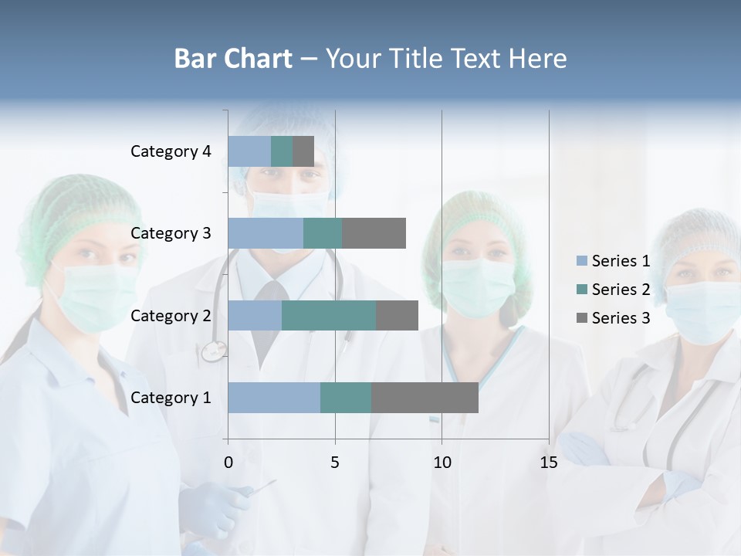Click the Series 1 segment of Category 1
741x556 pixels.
(274, 398)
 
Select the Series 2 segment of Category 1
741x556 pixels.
(346, 398)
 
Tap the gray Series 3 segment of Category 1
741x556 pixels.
(425, 398)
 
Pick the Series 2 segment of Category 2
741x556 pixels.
(329, 315)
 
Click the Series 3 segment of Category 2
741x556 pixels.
(397, 315)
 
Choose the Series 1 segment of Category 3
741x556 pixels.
(266, 233)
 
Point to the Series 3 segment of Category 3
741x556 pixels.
(374, 233)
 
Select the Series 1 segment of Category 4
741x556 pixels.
(249, 151)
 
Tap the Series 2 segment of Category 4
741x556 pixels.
(282, 151)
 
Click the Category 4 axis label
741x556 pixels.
(171, 151)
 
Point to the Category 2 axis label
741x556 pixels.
(171, 315)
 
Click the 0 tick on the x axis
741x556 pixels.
(228, 463)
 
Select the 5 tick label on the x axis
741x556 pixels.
(335, 463)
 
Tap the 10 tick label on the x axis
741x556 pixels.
(442, 463)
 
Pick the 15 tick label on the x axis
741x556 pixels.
(549, 463)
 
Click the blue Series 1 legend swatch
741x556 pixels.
(582, 261)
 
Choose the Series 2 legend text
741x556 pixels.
(621, 290)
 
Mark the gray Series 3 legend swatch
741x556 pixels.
(582, 318)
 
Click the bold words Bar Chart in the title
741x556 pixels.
(233, 59)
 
